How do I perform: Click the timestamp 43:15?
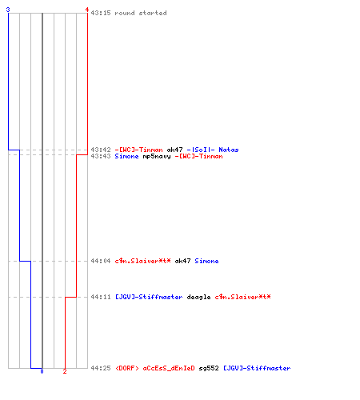click(101, 13)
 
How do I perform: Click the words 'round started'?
click(141, 13)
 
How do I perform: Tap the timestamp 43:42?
click(101, 150)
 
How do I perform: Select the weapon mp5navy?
click(157, 156)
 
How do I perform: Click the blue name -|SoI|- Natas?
click(213, 150)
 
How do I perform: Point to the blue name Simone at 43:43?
click(126, 156)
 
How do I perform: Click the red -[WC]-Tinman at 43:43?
click(198, 156)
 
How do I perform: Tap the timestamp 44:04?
click(101, 261)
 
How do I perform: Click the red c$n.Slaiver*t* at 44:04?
click(142, 261)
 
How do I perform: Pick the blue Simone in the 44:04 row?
click(206, 261)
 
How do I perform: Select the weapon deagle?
click(198, 297)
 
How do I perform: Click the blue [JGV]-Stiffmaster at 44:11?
click(149, 297)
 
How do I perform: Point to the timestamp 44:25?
click(101, 368)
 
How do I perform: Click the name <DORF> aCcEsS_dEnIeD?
click(155, 368)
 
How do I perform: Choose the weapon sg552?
click(209, 368)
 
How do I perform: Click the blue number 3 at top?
click(8, 10)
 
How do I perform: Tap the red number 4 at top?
click(87, 10)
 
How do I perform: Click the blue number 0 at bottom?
click(42, 371)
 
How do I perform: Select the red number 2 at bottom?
click(65, 371)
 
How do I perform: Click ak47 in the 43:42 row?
click(174, 150)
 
